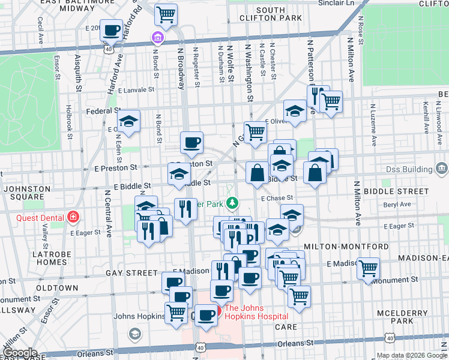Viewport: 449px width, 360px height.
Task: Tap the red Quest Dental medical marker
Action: [73, 216]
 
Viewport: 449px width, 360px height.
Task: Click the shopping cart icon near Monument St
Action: [368, 268]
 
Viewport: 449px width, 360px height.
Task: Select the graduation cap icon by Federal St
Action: [128, 120]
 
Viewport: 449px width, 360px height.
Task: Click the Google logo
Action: [19, 353]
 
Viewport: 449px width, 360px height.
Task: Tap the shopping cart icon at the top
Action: [166, 14]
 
